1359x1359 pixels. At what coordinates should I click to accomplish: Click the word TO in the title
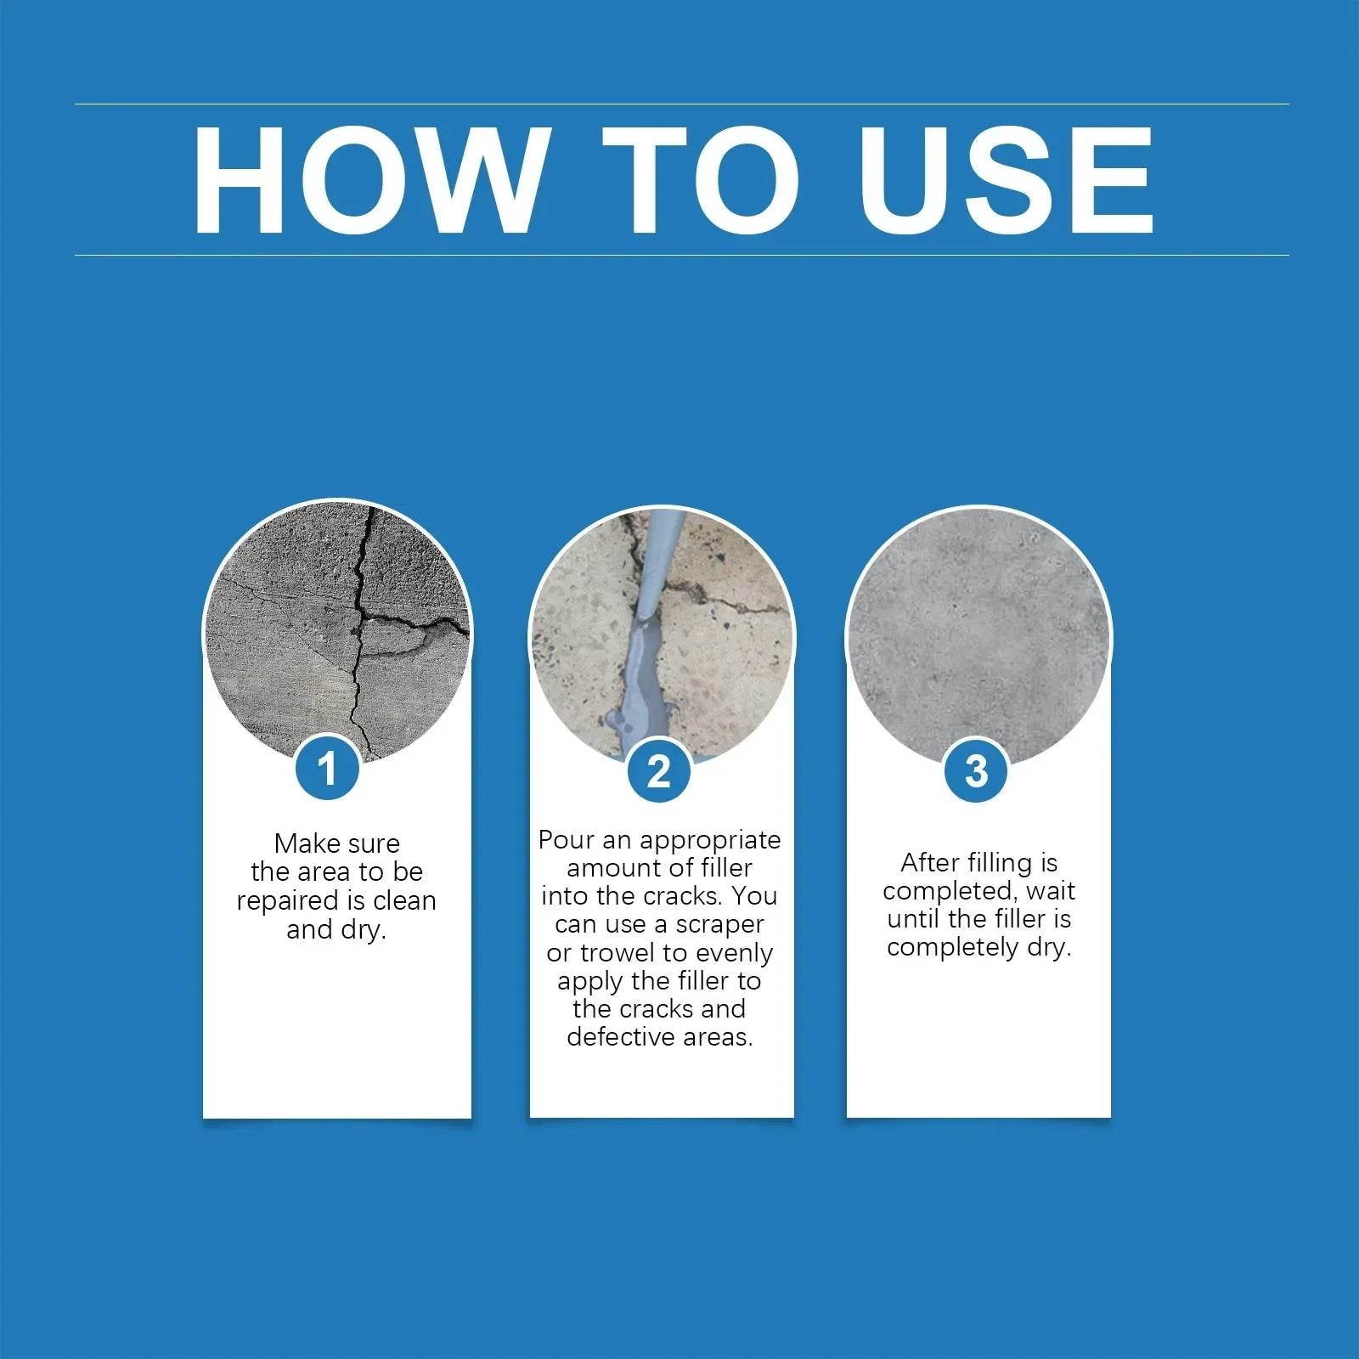point(702,180)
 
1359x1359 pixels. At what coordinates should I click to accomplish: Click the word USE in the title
point(1007,180)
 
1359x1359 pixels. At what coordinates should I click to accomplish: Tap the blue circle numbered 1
point(328,769)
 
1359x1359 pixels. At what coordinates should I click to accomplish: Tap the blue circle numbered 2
point(659,770)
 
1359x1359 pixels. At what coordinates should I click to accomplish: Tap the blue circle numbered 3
point(977,770)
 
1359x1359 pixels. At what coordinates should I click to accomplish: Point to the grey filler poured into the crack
point(639,671)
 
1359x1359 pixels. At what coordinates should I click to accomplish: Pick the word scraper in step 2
point(719,924)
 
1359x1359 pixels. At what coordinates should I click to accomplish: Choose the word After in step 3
point(929,863)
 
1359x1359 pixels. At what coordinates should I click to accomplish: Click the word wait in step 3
point(1051,891)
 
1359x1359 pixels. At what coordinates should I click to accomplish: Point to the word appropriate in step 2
point(710,841)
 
